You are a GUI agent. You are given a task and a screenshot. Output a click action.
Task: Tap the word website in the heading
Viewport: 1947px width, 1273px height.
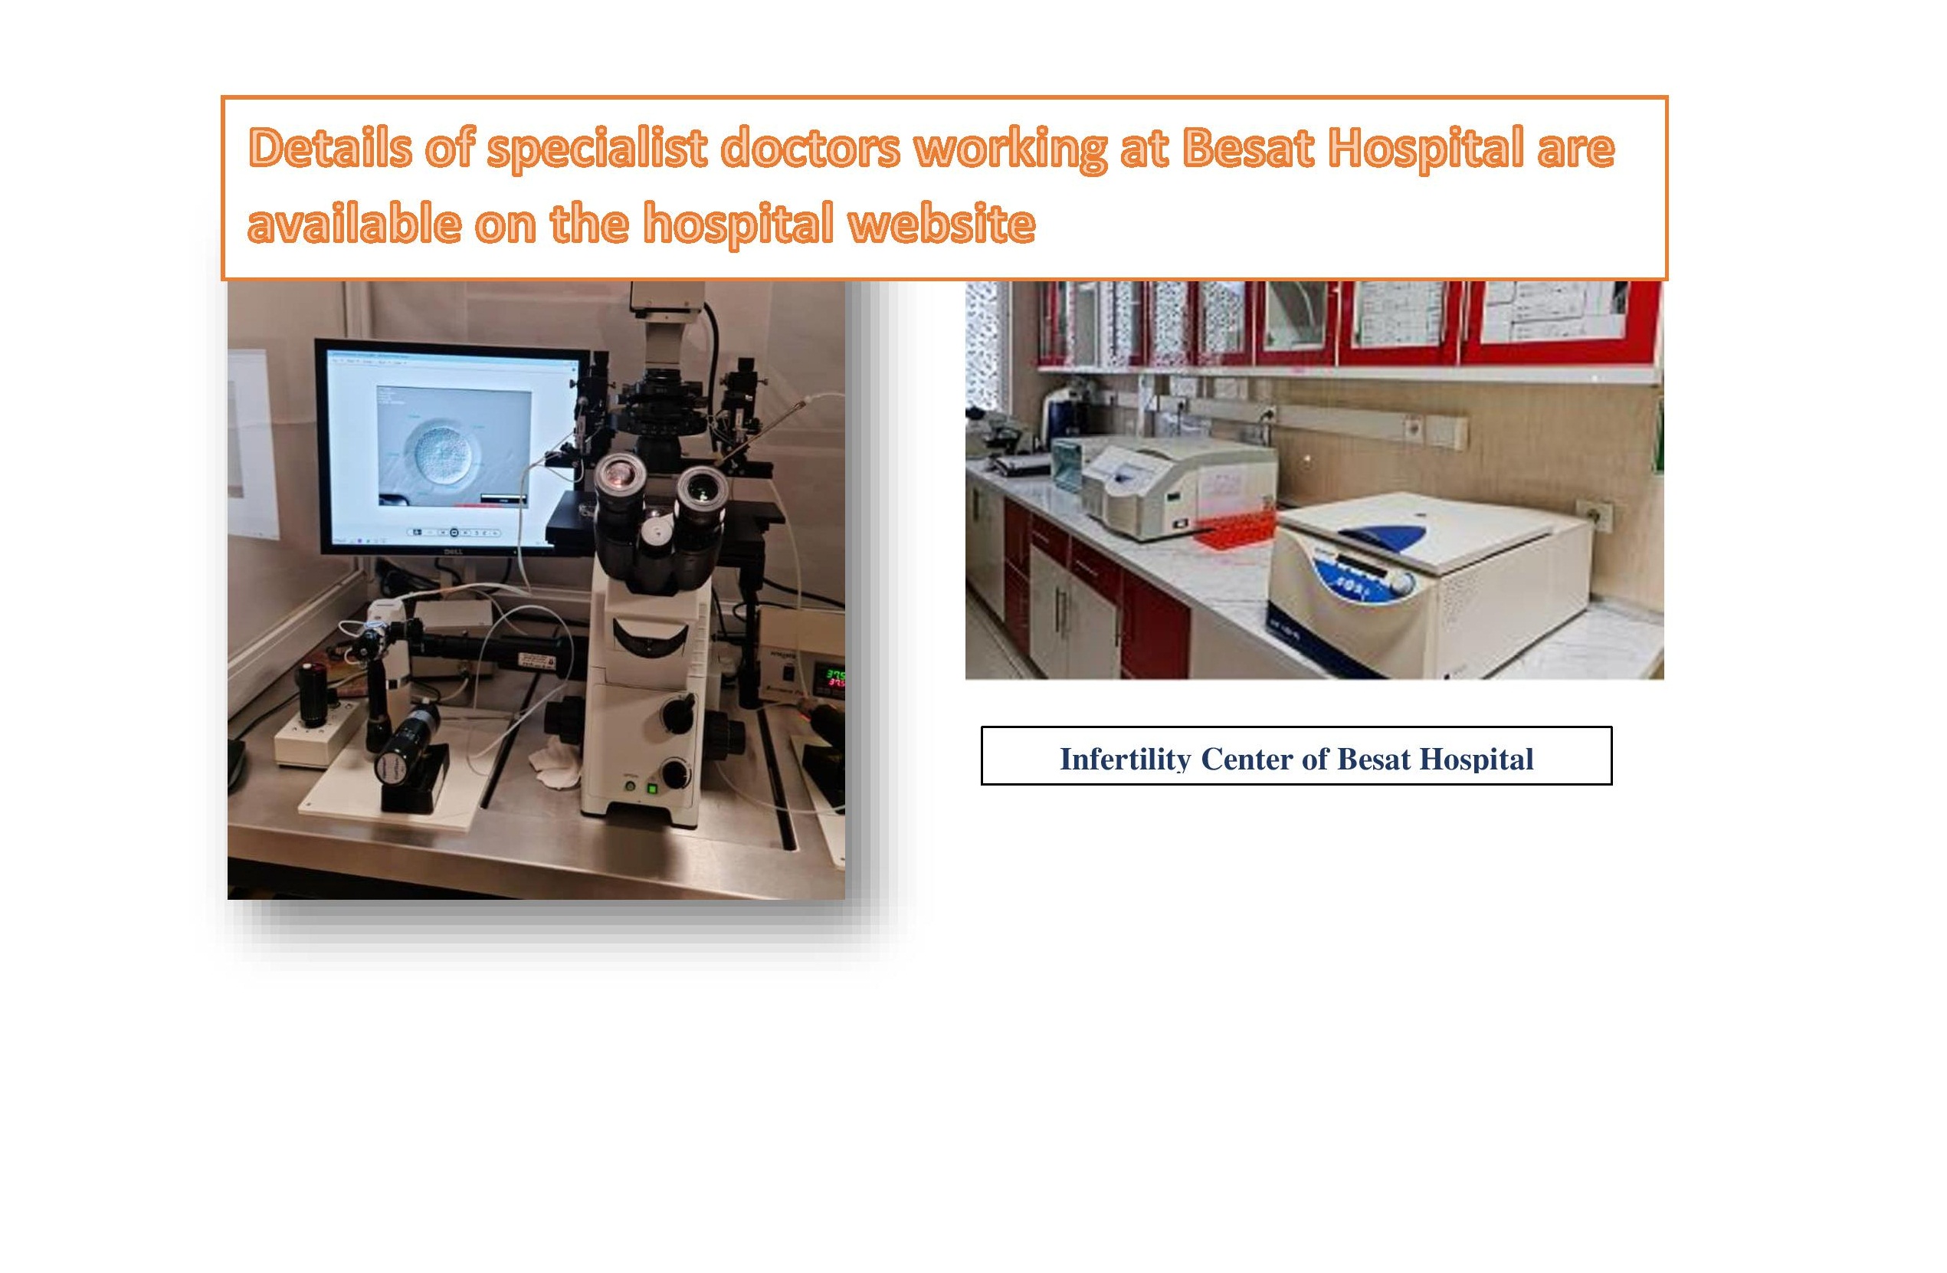pyautogui.click(x=942, y=222)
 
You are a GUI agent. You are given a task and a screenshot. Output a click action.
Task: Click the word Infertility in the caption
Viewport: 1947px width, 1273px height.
pyautogui.click(x=1125, y=760)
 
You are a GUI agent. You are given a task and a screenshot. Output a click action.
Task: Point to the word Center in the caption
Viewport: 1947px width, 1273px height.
pyautogui.click(x=1247, y=760)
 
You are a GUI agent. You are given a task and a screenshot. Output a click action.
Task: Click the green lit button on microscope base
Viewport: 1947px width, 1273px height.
pyautogui.click(x=652, y=789)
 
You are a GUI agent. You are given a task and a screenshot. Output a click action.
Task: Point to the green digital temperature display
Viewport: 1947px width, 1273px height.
pyautogui.click(x=834, y=679)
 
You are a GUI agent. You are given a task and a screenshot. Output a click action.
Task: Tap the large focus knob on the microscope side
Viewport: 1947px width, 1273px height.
pyautogui.click(x=677, y=713)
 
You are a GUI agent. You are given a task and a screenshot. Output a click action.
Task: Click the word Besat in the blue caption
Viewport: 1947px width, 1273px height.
pyautogui.click(x=1375, y=760)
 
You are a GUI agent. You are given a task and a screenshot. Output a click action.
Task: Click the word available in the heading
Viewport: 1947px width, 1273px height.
pyautogui.click(x=354, y=222)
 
